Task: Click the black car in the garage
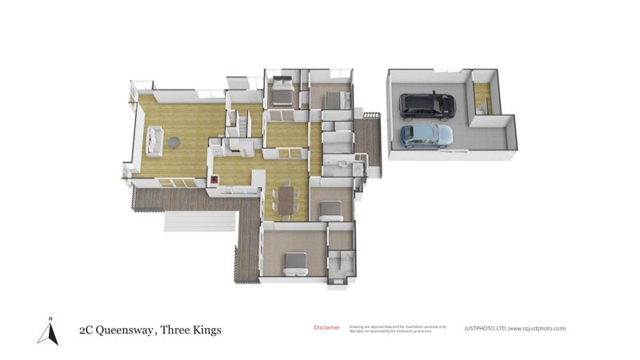427,104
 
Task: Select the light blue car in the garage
425,135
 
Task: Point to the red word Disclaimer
326,327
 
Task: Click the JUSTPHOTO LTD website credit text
514,328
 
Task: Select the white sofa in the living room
154,142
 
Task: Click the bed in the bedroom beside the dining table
330,210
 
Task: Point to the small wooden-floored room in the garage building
482,100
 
